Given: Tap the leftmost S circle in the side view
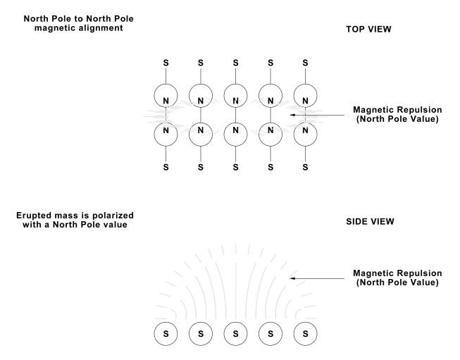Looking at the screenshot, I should pyautogui.click(x=166, y=333).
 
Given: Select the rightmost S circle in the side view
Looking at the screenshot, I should pyautogui.click(x=304, y=333).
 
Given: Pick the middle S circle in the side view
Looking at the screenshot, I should pyautogui.click(x=235, y=333).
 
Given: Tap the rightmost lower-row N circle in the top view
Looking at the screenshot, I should pyautogui.click(x=304, y=130).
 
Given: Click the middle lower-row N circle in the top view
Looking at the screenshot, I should pyautogui.click(x=235, y=130).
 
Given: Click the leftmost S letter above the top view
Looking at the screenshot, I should pyautogui.click(x=166, y=63).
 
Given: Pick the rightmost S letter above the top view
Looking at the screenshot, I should pyautogui.click(x=304, y=63).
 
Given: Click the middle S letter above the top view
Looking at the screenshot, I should pyautogui.click(x=235, y=63).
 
